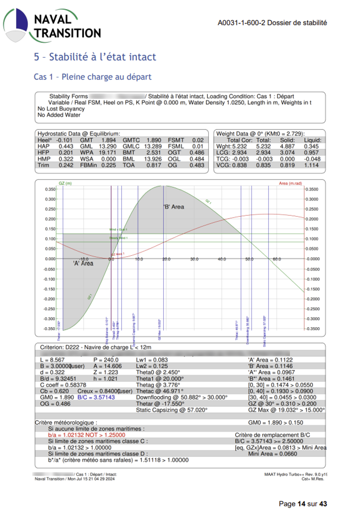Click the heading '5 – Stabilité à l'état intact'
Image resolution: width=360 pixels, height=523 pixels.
click(x=95, y=57)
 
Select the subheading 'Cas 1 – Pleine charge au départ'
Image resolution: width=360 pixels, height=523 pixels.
click(x=93, y=77)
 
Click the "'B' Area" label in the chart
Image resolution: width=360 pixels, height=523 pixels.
click(x=174, y=207)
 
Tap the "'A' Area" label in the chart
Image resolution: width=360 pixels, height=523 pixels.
click(x=83, y=263)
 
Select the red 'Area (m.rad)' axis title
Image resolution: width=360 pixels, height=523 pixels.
click(x=291, y=183)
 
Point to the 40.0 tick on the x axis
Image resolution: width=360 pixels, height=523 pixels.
click(x=222, y=259)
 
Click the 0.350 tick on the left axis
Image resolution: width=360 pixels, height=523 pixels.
click(x=50, y=189)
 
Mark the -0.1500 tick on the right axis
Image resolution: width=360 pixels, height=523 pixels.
click(x=313, y=289)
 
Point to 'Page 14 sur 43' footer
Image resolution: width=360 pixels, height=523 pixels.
click(x=303, y=504)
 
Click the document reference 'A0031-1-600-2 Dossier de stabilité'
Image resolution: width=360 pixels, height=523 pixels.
click(x=272, y=23)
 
